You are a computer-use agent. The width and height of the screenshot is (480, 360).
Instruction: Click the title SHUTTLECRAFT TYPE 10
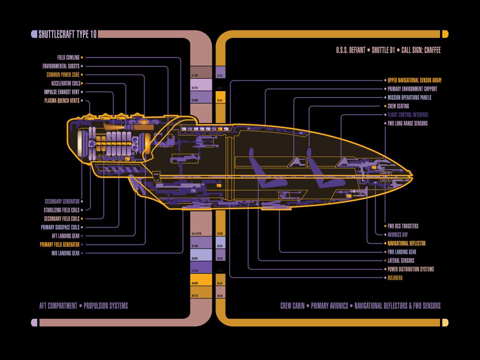pos(67,34)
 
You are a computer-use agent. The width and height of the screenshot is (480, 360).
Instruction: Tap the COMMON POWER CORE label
pos(63,75)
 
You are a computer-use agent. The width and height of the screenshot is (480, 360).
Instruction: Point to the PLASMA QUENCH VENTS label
pos(62,101)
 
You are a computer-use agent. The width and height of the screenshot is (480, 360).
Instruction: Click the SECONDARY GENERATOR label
pos(62,202)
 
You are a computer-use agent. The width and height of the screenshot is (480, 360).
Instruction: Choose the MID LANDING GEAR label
pos(65,253)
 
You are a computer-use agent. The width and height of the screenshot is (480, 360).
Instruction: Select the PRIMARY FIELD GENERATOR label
pos(60,244)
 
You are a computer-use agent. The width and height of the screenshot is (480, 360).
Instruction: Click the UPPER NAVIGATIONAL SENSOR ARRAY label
pos(414,80)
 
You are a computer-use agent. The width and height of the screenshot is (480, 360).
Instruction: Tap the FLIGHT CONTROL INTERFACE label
pos(408,115)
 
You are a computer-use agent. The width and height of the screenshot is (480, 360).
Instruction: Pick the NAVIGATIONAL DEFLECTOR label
pos(406,243)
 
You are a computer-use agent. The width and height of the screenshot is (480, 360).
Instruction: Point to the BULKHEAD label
pos(395,278)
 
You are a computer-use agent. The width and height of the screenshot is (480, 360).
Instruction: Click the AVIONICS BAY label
pos(398,235)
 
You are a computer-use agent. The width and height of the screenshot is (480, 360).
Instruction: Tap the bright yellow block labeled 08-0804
pos(201,280)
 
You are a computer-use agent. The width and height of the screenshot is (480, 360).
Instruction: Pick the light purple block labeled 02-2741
pos(201,85)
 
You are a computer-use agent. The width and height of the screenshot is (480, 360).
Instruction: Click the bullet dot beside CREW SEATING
pos(384,106)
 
